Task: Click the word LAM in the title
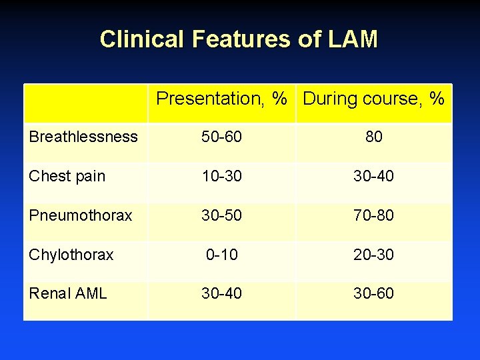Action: pyautogui.click(x=353, y=39)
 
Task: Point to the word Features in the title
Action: pyautogui.click(x=241, y=39)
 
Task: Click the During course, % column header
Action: pyautogui.click(x=374, y=99)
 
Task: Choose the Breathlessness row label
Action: pyautogui.click(x=83, y=137)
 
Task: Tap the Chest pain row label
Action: pyautogui.click(x=67, y=176)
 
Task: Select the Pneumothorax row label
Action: pyautogui.click(x=81, y=215)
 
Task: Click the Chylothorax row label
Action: pyautogui.click(x=71, y=255)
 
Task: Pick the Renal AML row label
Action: pyautogui.click(x=68, y=293)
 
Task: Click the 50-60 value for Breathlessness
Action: pyautogui.click(x=222, y=137)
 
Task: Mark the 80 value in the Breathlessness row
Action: pyautogui.click(x=374, y=137)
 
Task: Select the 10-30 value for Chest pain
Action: pyautogui.click(x=222, y=176)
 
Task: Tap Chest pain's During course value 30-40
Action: pyautogui.click(x=374, y=176)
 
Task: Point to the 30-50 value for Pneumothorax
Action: pyautogui.click(x=222, y=215)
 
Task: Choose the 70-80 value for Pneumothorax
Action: pyautogui.click(x=374, y=215)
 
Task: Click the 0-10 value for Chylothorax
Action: pyautogui.click(x=222, y=255)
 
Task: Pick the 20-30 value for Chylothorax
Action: pyautogui.click(x=374, y=255)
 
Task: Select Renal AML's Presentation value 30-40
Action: pyautogui.click(x=222, y=293)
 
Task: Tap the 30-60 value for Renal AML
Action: pyautogui.click(x=374, y=293)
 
